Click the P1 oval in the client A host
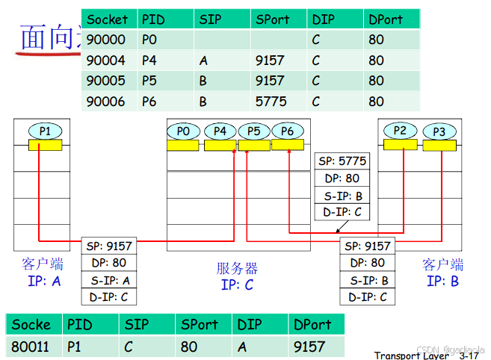pyautogui.click(x=46, y=131)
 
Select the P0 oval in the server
pyautogui.click(x=183, y=131)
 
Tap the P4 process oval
pyautogui.click(x=220, y=131)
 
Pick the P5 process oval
pyautogui.click(x=254, y=131)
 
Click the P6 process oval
pyautogui.click(x=288, y=131)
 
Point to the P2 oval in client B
pyautogui.click(x=401, y=131)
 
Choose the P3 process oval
pyautogui.click(x=439, y=132)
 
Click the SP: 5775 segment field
pyautogui.click(x=342, y=161)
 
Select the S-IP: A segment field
pyautogui.click(x=110, y=280)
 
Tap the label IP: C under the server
pyautogui.click(x=237, y=285)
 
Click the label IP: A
pyautogui.click(x=43, y=282)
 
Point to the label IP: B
pyautogui.click(x=442, y=282)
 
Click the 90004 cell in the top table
pyautogui.click(x=105, y=60)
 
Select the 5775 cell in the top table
pyautogui.click(x=269, y=101)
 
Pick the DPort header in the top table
pyautogui.click(x=386, y=19)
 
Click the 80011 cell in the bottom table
pyautogui.click(x=31, y=346)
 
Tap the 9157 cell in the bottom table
pyautogui.click(x=309, y=346)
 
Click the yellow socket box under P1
pyautogui.click(x=46, y=146)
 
